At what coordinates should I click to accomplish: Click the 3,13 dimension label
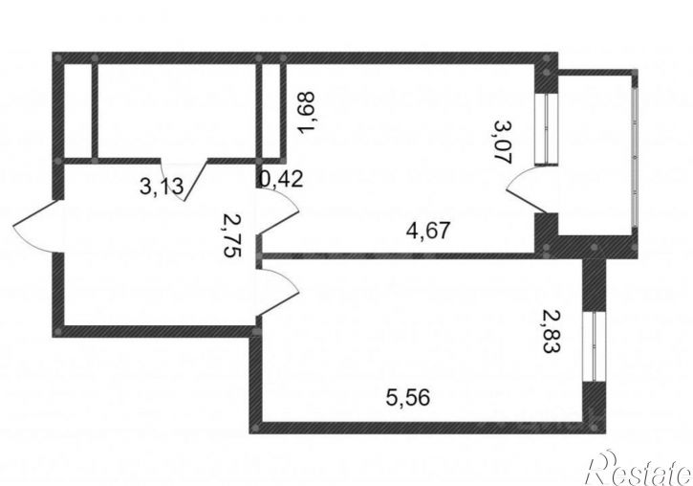tap(162, 187)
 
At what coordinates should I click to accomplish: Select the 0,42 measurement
tap(282, 179)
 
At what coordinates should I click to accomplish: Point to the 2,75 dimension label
tap(233, 235)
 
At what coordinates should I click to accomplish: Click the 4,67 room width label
tap(428, 231)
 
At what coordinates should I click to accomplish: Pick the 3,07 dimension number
tap(503, 142)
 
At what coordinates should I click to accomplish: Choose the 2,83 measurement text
tap(552, 331)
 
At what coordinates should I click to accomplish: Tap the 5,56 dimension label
tap(407, 397)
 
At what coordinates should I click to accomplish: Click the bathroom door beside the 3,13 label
tap(184, 180)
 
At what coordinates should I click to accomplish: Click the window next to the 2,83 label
tap(594, 346)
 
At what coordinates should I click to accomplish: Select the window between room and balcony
tap(547, 129)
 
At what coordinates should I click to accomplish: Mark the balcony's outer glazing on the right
tap(635, 152)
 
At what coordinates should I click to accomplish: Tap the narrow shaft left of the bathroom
tap(77, 111)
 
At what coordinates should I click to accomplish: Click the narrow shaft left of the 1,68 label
tap(271, 111)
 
